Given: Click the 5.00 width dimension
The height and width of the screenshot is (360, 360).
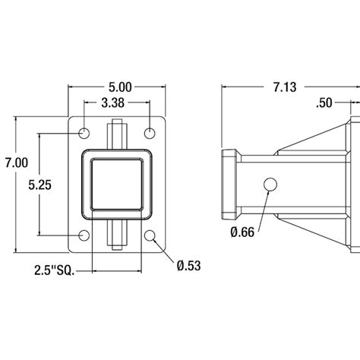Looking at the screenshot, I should pos(118,88).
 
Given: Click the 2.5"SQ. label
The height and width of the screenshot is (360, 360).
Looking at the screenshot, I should pos(55,269).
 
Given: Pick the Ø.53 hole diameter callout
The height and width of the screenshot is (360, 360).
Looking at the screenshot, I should pos(186,265).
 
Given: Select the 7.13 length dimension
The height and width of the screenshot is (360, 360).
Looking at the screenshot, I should pos(285,87).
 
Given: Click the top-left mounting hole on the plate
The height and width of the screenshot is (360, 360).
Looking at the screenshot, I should pos(84,134).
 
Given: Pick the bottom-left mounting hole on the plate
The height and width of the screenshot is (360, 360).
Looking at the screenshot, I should pos(84,234).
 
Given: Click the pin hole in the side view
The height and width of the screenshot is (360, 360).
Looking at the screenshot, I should pos(270,185).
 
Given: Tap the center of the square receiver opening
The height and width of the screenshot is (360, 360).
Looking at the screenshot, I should pos(118,185).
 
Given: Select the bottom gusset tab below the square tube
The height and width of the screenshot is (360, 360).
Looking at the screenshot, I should pos(118,234).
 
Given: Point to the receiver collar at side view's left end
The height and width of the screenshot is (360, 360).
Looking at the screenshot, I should pos(227,185).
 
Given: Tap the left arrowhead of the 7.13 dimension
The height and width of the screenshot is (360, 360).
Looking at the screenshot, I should pos(223,87).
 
